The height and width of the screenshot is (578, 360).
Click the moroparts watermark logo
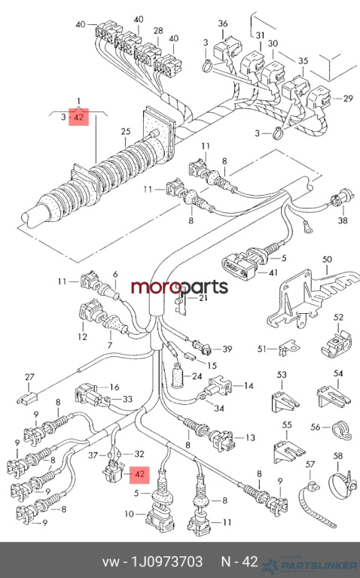pos(180,287)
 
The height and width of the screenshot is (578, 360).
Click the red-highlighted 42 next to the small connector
pos(139,473)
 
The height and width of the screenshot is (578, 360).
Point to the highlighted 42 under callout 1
pos(79,117)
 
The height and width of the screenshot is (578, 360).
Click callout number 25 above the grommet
pos(126,132)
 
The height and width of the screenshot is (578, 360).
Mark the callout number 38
pos(343,221)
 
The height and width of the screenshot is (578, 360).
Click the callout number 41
pos(273,272)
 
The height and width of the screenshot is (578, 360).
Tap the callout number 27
pos(29,377)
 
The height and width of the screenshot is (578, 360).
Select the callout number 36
pos(223,24)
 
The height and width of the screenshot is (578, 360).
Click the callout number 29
pos(348,99)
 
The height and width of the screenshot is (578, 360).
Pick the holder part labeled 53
pos(285,400)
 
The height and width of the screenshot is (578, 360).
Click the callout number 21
pos(203,298)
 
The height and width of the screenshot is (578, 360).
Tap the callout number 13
pos(251,437)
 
